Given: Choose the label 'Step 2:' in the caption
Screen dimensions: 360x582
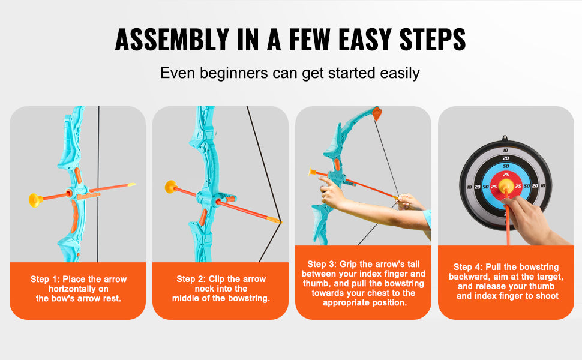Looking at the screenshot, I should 191,279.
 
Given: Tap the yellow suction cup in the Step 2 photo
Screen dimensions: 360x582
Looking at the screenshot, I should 171,187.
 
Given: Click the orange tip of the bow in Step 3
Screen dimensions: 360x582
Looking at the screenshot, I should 376,113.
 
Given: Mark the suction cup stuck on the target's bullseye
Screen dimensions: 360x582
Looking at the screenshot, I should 506,188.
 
